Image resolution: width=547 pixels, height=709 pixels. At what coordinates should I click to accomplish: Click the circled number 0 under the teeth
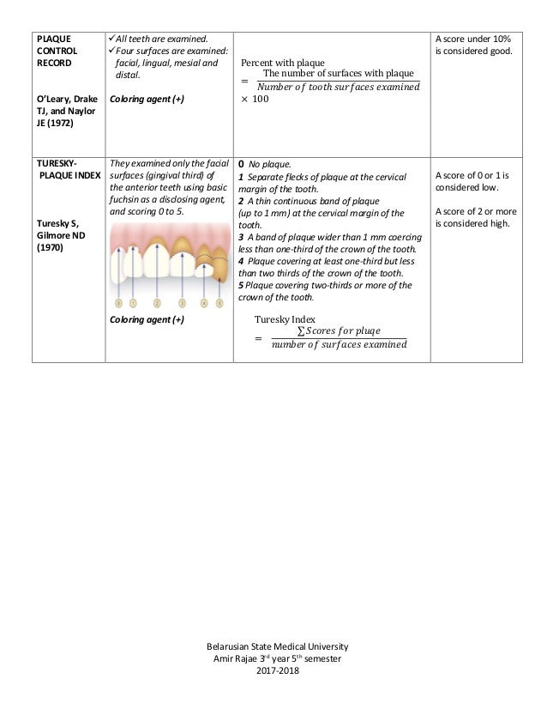[118, 303]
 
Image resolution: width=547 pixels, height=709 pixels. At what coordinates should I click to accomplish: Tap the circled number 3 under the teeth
[182, 303]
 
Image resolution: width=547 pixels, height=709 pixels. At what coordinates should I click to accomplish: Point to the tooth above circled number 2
[156, 253]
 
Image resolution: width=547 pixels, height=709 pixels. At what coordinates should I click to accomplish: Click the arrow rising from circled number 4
[204, 283]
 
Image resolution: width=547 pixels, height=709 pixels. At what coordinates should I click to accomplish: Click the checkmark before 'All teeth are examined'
[111, 39]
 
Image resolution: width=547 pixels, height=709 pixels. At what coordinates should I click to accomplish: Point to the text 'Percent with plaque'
[282, 63]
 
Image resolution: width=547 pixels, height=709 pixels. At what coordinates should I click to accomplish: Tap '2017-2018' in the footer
[273, 670]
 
